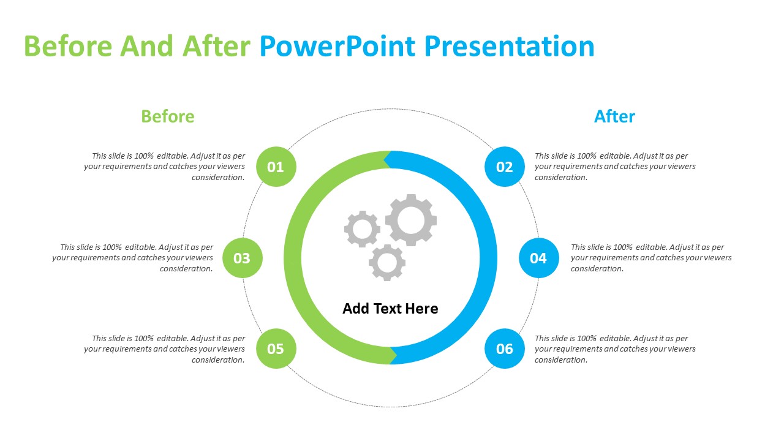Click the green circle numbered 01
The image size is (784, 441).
(276, 167)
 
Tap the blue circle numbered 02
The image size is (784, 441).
(505, 167)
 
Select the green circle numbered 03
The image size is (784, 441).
(243, 258)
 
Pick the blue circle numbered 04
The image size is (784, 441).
(539, 258)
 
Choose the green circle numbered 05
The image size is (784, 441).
(276, 349)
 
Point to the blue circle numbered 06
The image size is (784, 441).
(505, 349)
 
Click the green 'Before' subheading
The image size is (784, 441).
(168, 116)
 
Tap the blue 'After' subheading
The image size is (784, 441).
(614, 116)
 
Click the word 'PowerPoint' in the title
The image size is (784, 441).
(337, 46)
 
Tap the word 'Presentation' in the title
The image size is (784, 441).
(510, 46)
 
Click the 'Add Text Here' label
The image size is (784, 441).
(390, 309)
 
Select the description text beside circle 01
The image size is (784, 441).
(165, 167)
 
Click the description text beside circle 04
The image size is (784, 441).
(651, 258)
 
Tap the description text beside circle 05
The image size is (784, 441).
(165, 349)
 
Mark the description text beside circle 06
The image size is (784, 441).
(615, 349)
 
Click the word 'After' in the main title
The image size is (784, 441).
(216, 46)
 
